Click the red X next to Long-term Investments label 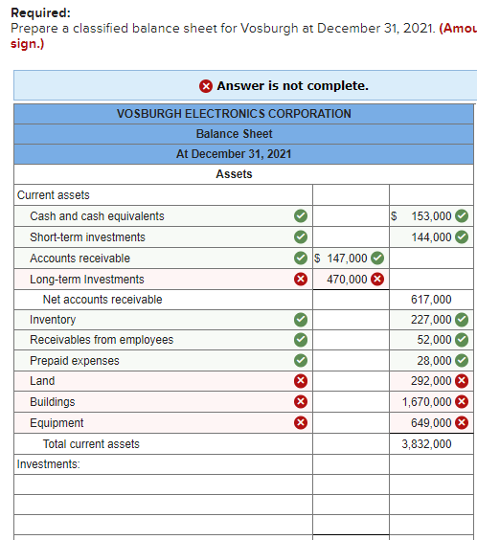tap(300, 280)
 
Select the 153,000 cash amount tap(430, 216)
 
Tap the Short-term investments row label tap(88, 237)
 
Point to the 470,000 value tap(347, 280)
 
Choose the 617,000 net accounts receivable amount tap(431, 300)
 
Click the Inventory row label tap(53, 320)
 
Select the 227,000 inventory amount tap(431, 320)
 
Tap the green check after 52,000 tap(462, 340)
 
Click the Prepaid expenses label tap(75, 361)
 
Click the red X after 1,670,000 tap(462, 402)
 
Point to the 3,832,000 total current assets tap(426, 444)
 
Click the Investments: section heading tap(48, 464)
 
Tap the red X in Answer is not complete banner tap(206, 86)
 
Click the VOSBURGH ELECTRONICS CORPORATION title tap(234, 114)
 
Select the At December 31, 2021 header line tap(234, 154)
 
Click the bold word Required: tap(40, 13)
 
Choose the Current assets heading tap(54, 195)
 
